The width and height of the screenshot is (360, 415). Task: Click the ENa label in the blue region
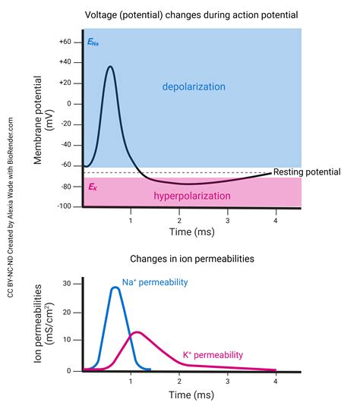tap(93, 43)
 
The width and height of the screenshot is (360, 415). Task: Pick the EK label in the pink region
tap(92, 186)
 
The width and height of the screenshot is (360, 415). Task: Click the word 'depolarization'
tap(194, 87)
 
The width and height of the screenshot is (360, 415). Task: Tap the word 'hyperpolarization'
tap(193, 196)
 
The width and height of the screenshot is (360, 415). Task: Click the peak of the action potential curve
tap(111, 67)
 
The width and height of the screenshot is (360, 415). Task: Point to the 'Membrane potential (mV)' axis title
tap(43, 124)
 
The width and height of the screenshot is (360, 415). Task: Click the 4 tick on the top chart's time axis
tap(275, 220)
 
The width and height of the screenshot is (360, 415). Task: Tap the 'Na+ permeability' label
tap(155, 282)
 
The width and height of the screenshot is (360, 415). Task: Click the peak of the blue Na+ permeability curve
tap(115, 288)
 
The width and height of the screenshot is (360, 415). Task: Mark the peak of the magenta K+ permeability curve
tap(136, 332)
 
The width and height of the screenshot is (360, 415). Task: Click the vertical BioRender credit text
tap(11, 206)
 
